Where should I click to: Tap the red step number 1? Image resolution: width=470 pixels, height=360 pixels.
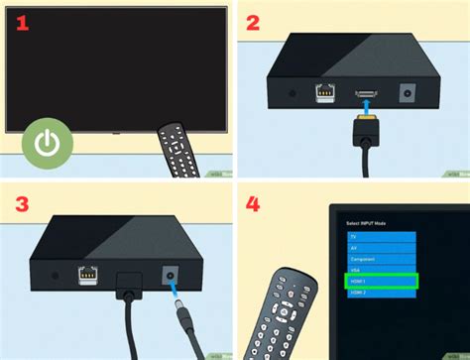[x=21, y=22]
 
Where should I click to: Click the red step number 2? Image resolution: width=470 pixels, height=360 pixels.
[x=255, y=23]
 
